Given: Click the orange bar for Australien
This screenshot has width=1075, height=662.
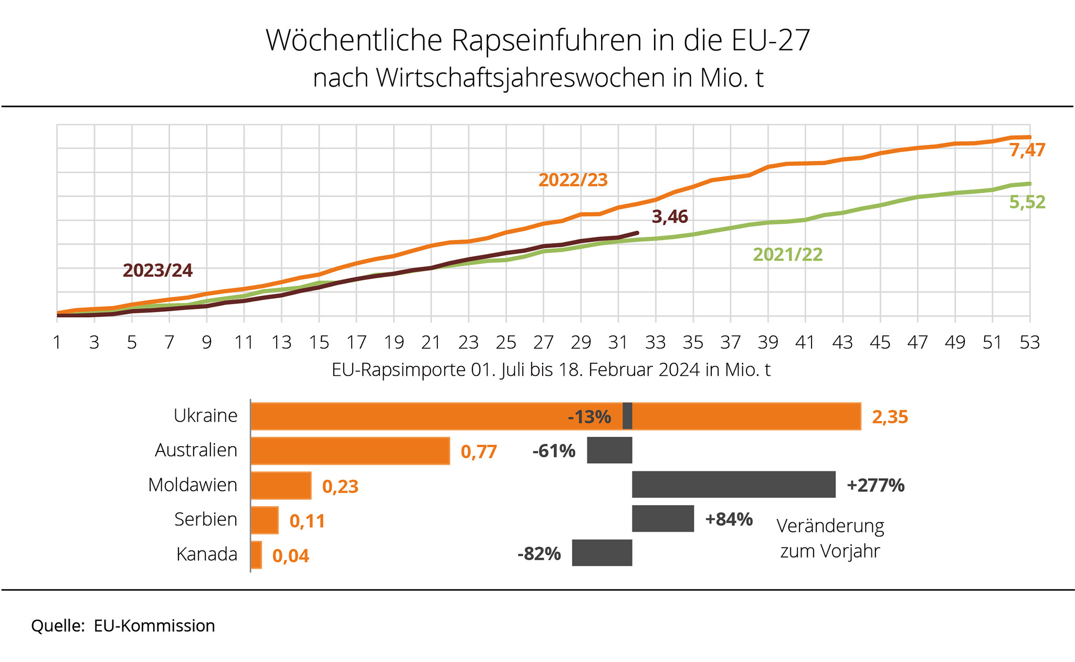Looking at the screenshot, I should coord(350,450).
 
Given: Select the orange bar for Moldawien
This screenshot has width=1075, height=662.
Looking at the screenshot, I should coord(281,485).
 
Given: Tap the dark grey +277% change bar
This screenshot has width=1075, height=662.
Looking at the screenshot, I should coord(733,484).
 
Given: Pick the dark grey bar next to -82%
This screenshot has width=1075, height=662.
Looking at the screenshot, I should coord(602,552).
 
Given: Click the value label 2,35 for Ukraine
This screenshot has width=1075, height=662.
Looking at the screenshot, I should coord(890,417).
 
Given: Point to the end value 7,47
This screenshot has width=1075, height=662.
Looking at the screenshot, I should coord(1027,150).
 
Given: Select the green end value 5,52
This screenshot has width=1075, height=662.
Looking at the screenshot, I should coord(1027,202).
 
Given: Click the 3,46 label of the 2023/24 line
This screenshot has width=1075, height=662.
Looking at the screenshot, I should coord(669,216).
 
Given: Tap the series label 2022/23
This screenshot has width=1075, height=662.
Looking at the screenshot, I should coord(573,180).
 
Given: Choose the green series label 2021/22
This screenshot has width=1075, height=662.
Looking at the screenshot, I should coord(787,255).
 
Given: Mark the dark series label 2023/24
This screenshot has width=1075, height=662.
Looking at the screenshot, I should coord(157,270).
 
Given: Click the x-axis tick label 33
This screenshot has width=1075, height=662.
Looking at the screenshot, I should coord(655,342).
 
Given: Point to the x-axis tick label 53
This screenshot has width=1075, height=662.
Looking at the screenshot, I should coord(1029,342).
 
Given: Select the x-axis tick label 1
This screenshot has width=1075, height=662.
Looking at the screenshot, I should coord(57,342).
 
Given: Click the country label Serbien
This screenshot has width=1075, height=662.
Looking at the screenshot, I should coord(206,519).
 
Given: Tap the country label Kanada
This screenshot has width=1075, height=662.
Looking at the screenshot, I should coord(207,554).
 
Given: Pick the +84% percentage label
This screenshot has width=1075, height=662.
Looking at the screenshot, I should coord(729,519).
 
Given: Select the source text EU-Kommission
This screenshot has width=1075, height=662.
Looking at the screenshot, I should coord(154,626).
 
